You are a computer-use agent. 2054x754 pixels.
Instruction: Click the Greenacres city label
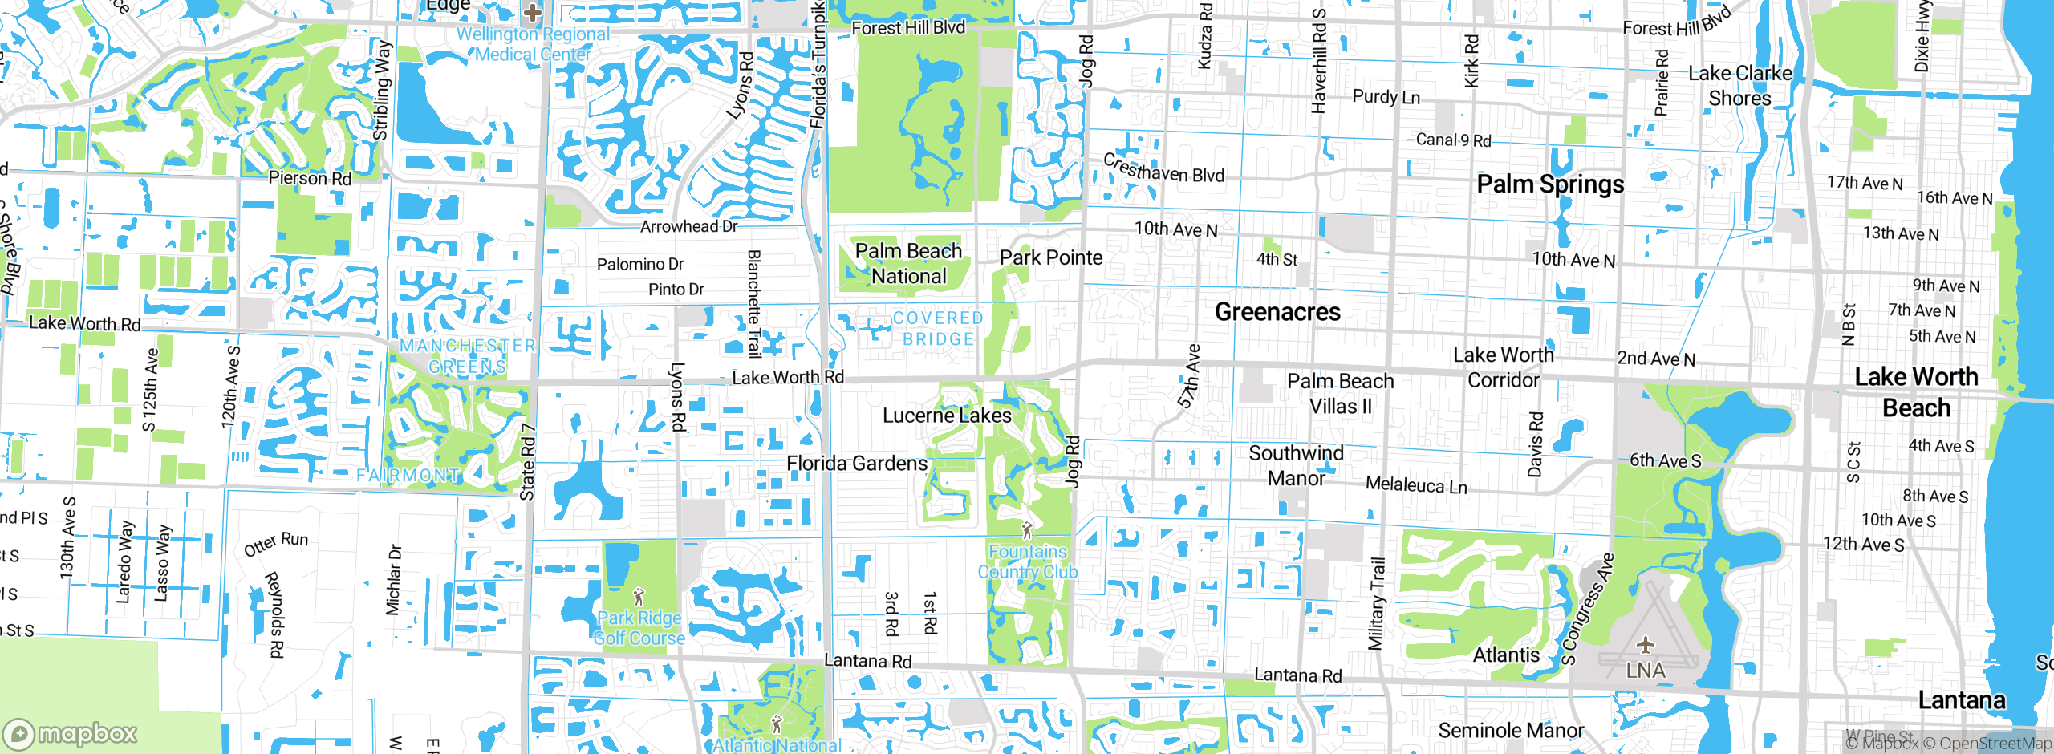1277,311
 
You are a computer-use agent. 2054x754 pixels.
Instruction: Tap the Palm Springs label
1550,184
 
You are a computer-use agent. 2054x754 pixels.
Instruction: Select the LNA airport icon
1646,644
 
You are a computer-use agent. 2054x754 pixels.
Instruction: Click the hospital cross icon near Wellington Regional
532,12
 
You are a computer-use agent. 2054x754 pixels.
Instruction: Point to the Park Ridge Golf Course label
639,628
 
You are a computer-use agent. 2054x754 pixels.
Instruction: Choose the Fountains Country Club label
1028,561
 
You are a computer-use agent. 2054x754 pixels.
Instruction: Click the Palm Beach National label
908,264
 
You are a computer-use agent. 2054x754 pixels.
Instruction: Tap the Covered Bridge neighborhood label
938,329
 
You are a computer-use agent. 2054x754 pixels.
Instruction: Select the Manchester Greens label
468,356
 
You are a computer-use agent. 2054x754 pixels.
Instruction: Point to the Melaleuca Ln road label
1416,485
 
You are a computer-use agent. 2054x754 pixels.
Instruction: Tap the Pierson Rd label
310,178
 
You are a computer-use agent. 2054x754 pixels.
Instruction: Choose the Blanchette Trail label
753,303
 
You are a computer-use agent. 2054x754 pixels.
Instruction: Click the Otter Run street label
276,544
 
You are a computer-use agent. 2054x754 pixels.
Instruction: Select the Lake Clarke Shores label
1739,86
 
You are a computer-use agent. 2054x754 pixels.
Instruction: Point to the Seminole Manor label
1511,731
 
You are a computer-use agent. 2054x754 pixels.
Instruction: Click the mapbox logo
71,733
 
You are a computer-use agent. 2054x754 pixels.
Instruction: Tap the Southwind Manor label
1296,466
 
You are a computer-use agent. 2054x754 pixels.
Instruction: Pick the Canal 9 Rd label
1453,140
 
